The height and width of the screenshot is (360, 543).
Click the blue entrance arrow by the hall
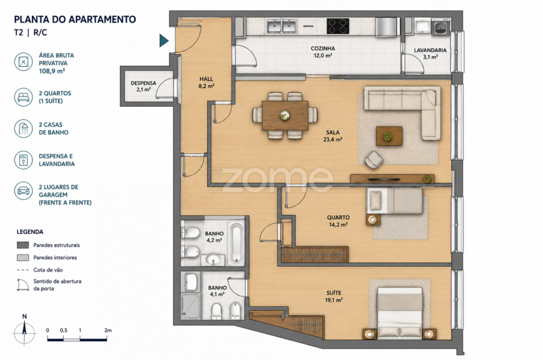coord(164,40)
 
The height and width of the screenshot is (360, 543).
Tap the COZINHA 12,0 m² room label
coord(323,52)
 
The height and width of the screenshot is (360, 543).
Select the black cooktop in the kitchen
coord(338,26)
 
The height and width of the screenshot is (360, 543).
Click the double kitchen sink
coord(281,27)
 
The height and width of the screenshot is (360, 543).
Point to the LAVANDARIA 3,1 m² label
coord(430,53)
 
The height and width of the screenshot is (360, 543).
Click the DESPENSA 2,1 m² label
coord(144,86)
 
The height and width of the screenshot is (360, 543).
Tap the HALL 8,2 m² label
coord(206,83)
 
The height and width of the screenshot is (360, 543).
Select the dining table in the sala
coord(285,115)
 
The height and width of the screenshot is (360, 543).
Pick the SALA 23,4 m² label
coord(333,136)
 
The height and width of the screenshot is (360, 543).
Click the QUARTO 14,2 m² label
coord(338,221)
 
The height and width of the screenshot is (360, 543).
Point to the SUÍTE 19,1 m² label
coord(334,297)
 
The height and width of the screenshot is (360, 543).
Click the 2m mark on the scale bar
coord(108,330)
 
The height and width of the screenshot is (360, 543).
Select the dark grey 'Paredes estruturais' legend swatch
coord(23,245)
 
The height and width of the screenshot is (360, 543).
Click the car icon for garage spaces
coord(23,191)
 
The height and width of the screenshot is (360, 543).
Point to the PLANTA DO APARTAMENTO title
coord(75,19)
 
